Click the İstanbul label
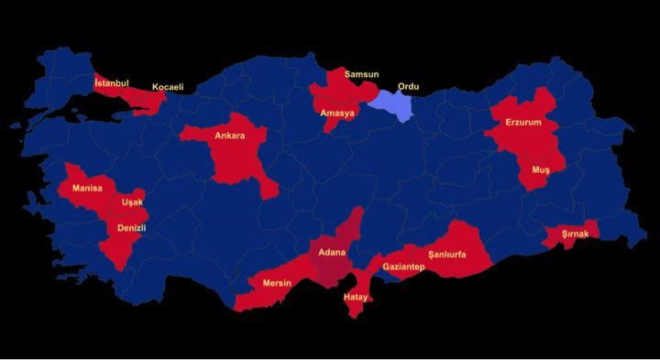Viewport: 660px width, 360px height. click(112, 82)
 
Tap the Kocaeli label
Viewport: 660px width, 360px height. click(168, 87)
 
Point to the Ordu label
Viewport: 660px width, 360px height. click(408, 87)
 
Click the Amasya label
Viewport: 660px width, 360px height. click(337, 113)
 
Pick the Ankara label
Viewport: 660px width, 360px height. click(229, 136)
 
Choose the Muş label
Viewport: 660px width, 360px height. click(540, 170)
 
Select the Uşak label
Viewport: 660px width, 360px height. click(133, 202)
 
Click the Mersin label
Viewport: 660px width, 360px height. click(277, 283)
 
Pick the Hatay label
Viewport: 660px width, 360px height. click(355, 297)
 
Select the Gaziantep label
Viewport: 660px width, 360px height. click(403, 267)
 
